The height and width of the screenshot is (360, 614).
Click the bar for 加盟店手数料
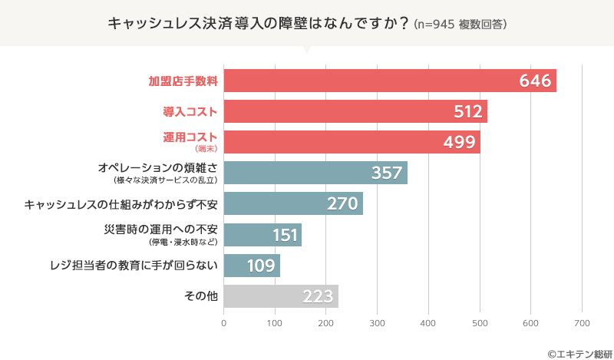(389, 81)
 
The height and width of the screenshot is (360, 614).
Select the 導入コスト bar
(355, 111)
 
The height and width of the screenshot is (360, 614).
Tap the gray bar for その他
(281, 296)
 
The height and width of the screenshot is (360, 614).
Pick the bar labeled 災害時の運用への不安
(262, 234)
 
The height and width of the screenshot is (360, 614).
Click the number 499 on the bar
(460, 143)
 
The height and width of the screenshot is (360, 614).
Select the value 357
(387, 173)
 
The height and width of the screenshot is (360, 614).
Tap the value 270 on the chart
(343, 204)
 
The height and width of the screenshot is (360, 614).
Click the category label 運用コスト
(190, 137)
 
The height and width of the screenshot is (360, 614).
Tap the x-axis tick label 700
(582, 323)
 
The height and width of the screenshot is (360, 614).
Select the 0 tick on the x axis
(223, 323)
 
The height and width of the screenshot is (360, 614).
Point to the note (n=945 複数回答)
(460, 25)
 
